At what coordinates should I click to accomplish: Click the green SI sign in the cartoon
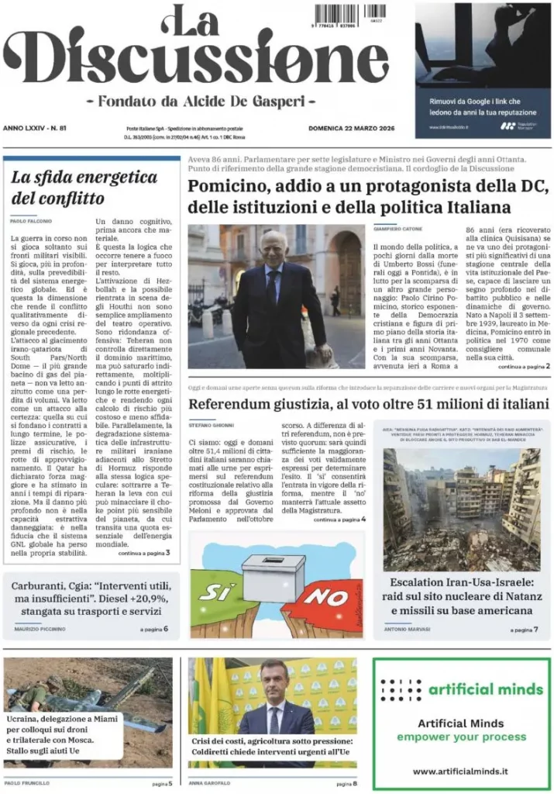217,592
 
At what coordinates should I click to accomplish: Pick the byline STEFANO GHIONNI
212,425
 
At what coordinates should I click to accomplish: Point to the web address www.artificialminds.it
461,771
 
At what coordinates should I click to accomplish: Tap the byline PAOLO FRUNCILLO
32,783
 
